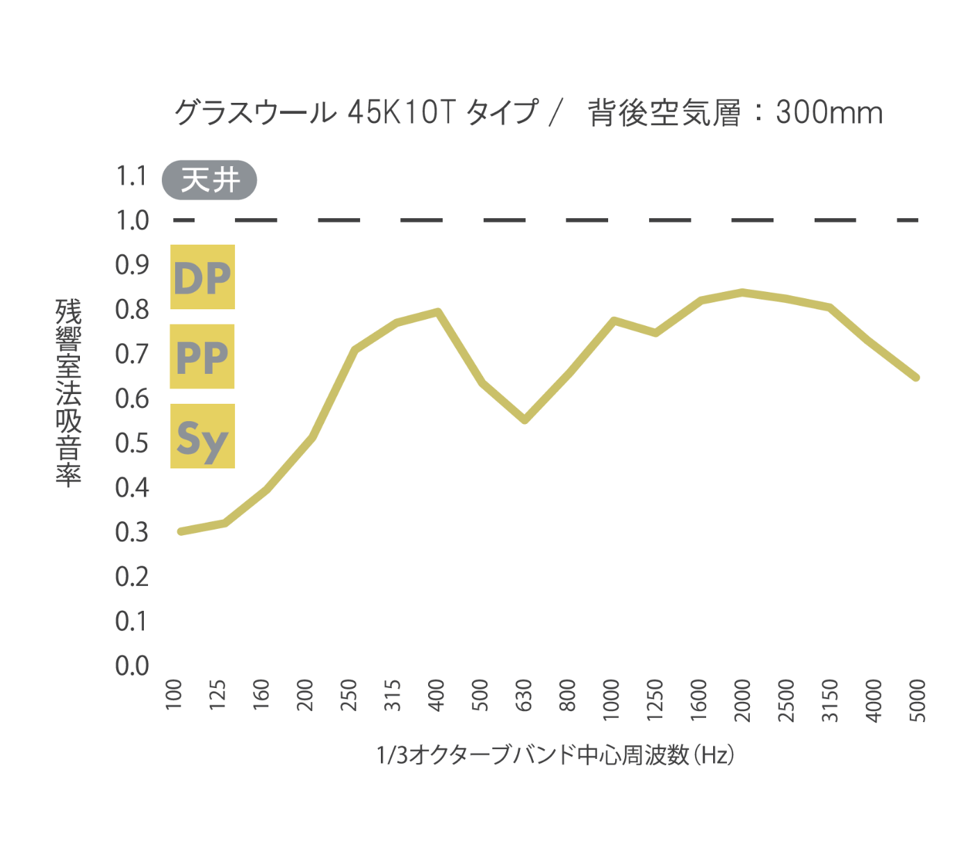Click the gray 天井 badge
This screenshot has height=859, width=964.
point(209,180)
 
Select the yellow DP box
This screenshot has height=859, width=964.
point(202,277)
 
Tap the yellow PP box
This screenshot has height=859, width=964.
point(202,357)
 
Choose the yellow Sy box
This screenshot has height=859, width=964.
point(202,436)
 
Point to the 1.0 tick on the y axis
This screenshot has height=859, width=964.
point(132,220)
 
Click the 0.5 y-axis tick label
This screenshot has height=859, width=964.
point(132,443)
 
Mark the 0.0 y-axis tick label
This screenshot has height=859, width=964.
point(132,666)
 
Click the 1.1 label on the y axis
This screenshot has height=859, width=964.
point(132,176)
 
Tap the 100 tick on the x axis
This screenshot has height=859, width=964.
point(174,694)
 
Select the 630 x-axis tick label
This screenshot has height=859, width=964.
point(523,695)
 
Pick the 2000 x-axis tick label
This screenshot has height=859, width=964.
point(742,699)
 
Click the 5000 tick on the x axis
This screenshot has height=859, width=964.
point(917,699)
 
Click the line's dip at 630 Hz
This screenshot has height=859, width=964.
point(525,420)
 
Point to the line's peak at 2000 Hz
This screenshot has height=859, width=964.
point(742,292)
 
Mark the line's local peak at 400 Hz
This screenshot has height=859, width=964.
point(438,311)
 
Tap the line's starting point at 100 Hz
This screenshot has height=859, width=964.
point(181,531)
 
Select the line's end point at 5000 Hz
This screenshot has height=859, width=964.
point(916,377)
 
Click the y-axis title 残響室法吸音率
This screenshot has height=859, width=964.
point(68,393)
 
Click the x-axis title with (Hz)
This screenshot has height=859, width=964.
point(555,754)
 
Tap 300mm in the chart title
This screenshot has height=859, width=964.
point(829,113)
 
